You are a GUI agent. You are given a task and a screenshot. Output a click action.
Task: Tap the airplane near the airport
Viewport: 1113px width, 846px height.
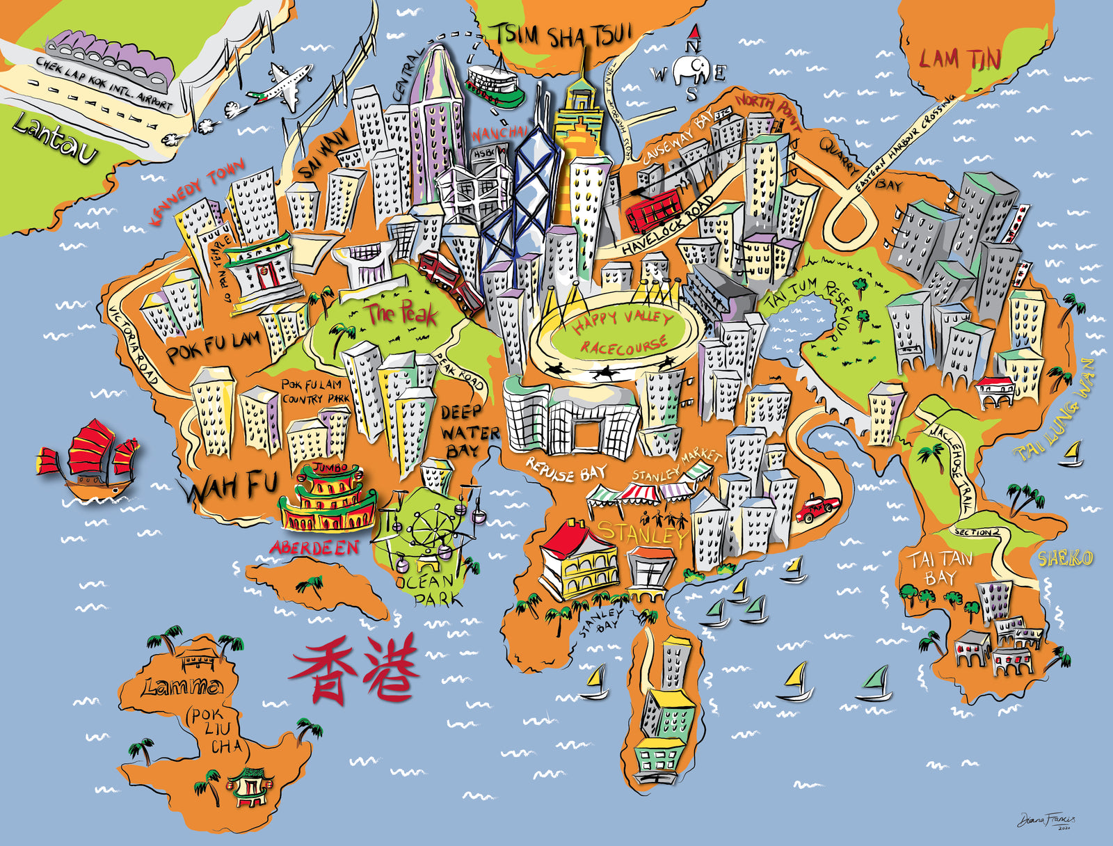point(284,86)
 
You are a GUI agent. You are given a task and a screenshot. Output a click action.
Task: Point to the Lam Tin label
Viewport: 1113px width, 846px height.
point(960,60)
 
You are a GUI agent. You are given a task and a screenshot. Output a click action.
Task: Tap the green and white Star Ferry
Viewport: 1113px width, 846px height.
point(495,85)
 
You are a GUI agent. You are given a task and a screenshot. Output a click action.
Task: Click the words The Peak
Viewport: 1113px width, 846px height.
point(402,314)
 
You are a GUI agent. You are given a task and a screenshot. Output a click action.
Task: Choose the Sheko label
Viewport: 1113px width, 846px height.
point(1064,558)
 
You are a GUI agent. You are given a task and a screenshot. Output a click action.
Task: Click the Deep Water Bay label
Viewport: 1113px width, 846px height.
point(469,431)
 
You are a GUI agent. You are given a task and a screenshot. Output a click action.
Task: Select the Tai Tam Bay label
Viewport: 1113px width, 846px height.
point(940,568)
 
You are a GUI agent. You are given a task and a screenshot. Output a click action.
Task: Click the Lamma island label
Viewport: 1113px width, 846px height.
point(182,687)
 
